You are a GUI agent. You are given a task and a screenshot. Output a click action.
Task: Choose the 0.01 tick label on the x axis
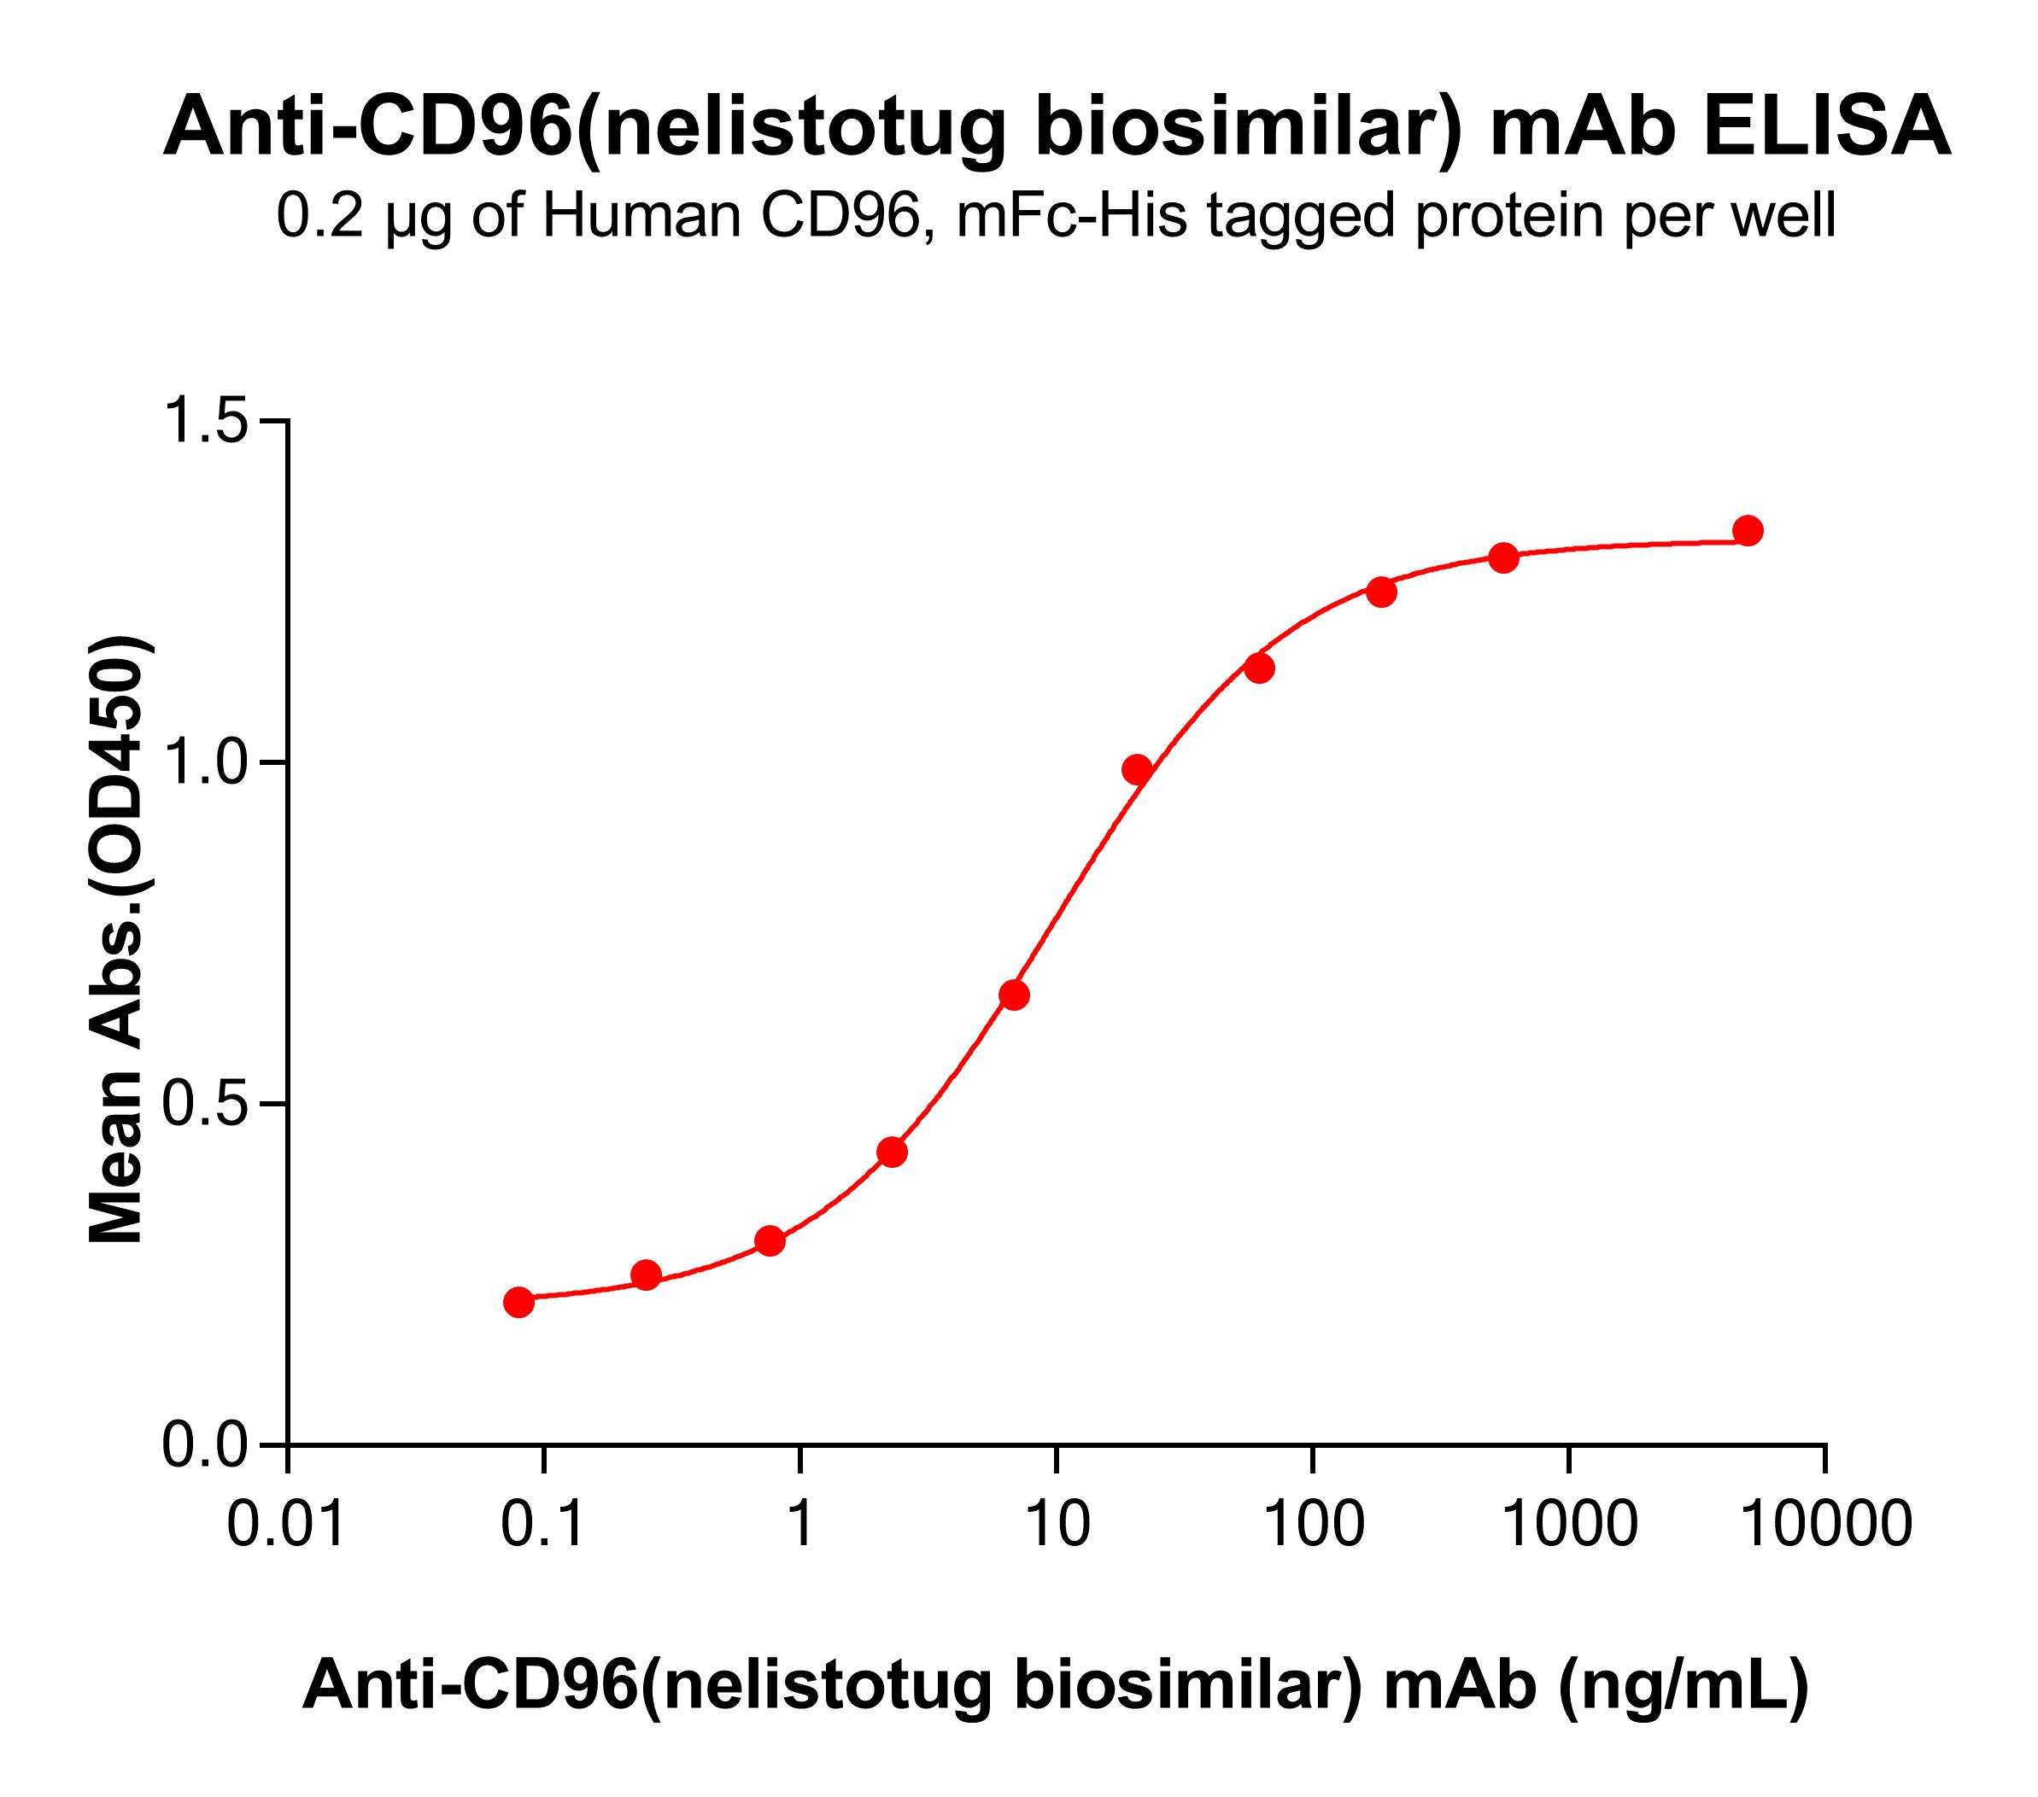click(287, 1526)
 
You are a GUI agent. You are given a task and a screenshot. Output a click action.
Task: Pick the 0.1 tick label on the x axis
click(543, 1526)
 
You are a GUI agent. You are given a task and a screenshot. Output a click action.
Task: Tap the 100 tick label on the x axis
click(1312, 1526)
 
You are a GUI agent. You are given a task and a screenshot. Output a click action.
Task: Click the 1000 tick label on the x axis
click(1568, 1526)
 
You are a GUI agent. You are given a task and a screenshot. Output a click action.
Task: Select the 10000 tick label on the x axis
click(1824, 1526)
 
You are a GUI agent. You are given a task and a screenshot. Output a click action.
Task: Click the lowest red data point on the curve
click(518, 1302)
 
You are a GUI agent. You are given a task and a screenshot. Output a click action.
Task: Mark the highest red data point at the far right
click(1748, 530)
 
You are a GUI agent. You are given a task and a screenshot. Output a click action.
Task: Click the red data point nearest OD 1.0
click(1137, 769)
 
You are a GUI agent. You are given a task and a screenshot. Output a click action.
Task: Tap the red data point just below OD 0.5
click(893, 1152)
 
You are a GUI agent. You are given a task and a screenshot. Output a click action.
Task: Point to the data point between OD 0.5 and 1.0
click(1014, 995)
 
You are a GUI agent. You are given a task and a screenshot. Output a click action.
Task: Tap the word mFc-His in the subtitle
click(1072, 218)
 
